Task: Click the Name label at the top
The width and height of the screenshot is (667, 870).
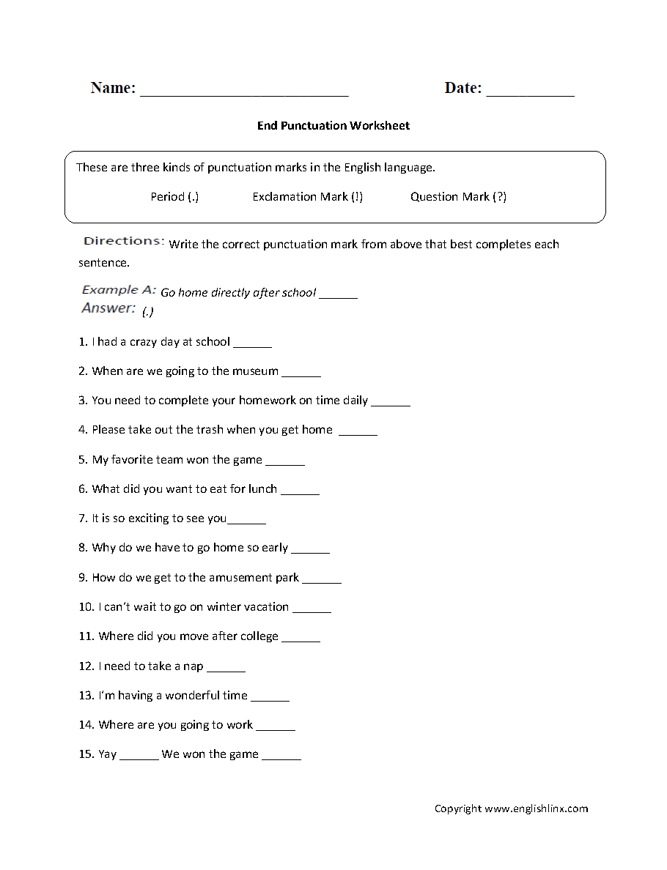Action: pyautogui.click(x=113, y=88)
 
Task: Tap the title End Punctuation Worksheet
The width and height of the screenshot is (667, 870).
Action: pyautogui.click(x=333, y=126)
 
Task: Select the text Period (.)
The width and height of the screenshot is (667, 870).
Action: pyautogui.click(x=174, y=197)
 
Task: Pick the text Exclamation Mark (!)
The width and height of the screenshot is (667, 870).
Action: pyautogui.click(x=307, y=197)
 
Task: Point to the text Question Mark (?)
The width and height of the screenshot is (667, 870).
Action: pyautogui.click(x=458, y=197)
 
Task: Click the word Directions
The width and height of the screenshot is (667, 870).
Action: pyautogui.click(x=123, y=241)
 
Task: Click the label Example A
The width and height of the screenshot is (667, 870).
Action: pyautogui.click(x=118, y=290)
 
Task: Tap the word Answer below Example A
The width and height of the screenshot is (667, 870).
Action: pyautogui.click(x=108, y=308)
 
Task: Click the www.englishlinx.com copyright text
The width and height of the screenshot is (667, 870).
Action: pyautogui.click(x=536, y=809)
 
